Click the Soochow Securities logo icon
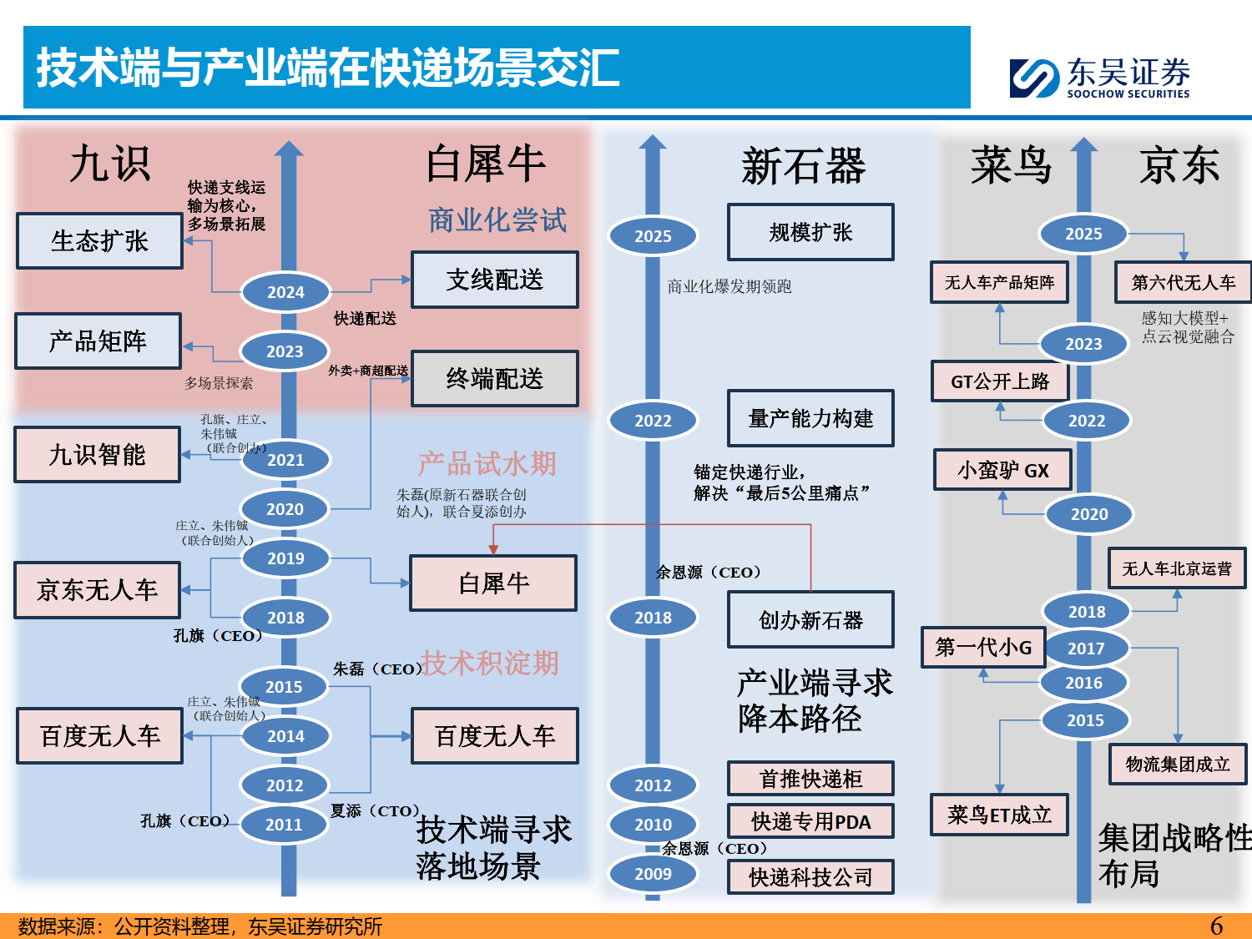click(1034, 78)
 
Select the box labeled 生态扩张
click(99, 241)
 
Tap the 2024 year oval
click(285, 292)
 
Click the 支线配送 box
click(494, 280)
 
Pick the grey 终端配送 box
click(494, 379)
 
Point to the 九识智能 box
click(97, 455)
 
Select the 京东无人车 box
click(97, 590)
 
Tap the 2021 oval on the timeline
click(285, 460)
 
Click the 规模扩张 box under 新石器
click(810, 232)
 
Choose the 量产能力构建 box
click(810, 418)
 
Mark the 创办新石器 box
click(810, 620)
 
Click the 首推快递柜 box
click(810, 779)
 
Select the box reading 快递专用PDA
click(810, 822)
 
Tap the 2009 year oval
click(653, 874)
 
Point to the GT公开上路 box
click(999, 381)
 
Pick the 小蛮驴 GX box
click(1002, 471)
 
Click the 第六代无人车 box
click(1183, 283)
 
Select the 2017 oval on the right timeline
click(1085, 649)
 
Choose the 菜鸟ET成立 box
click(999, 815)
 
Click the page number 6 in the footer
click(1216, 926)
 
